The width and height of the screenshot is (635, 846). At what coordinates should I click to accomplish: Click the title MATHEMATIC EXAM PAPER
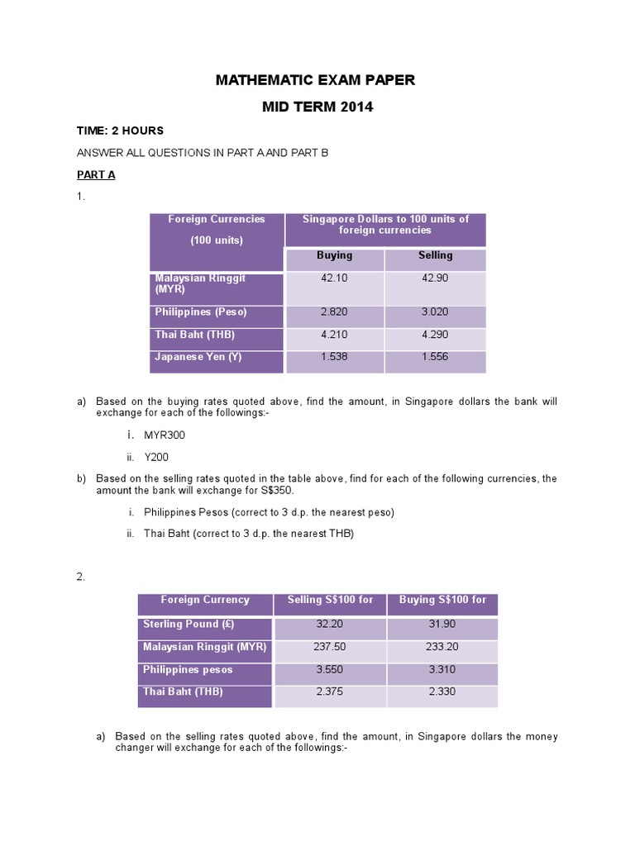point(315,80)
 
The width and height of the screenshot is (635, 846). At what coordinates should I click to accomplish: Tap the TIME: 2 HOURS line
point(120,131)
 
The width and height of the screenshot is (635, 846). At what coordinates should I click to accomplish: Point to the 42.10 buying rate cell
point(334,278)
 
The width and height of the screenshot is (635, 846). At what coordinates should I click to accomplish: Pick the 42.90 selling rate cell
point(435,278)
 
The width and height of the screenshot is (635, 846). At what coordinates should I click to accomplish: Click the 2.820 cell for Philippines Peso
point(334,312)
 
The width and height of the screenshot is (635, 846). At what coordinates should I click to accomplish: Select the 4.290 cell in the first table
point(435,335)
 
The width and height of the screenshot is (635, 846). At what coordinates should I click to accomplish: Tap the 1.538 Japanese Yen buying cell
point(334,357)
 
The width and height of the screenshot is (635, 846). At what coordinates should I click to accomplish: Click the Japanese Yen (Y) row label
point(198,357)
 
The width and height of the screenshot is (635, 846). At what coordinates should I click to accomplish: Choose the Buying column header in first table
point(334,256)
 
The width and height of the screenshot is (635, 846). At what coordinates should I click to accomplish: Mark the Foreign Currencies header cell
point(217,230)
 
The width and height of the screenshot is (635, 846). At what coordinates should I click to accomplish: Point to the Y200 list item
point(157,457)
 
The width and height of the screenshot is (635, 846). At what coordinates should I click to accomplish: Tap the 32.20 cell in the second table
point(330,625)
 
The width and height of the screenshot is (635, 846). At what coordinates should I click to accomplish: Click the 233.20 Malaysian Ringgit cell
point(442,648)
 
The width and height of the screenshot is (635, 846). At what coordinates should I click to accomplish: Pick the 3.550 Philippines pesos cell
point(330,670)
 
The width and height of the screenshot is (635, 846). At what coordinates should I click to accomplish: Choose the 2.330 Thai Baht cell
point(442,692)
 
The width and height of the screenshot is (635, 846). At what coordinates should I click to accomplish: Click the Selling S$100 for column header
point(330,600)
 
